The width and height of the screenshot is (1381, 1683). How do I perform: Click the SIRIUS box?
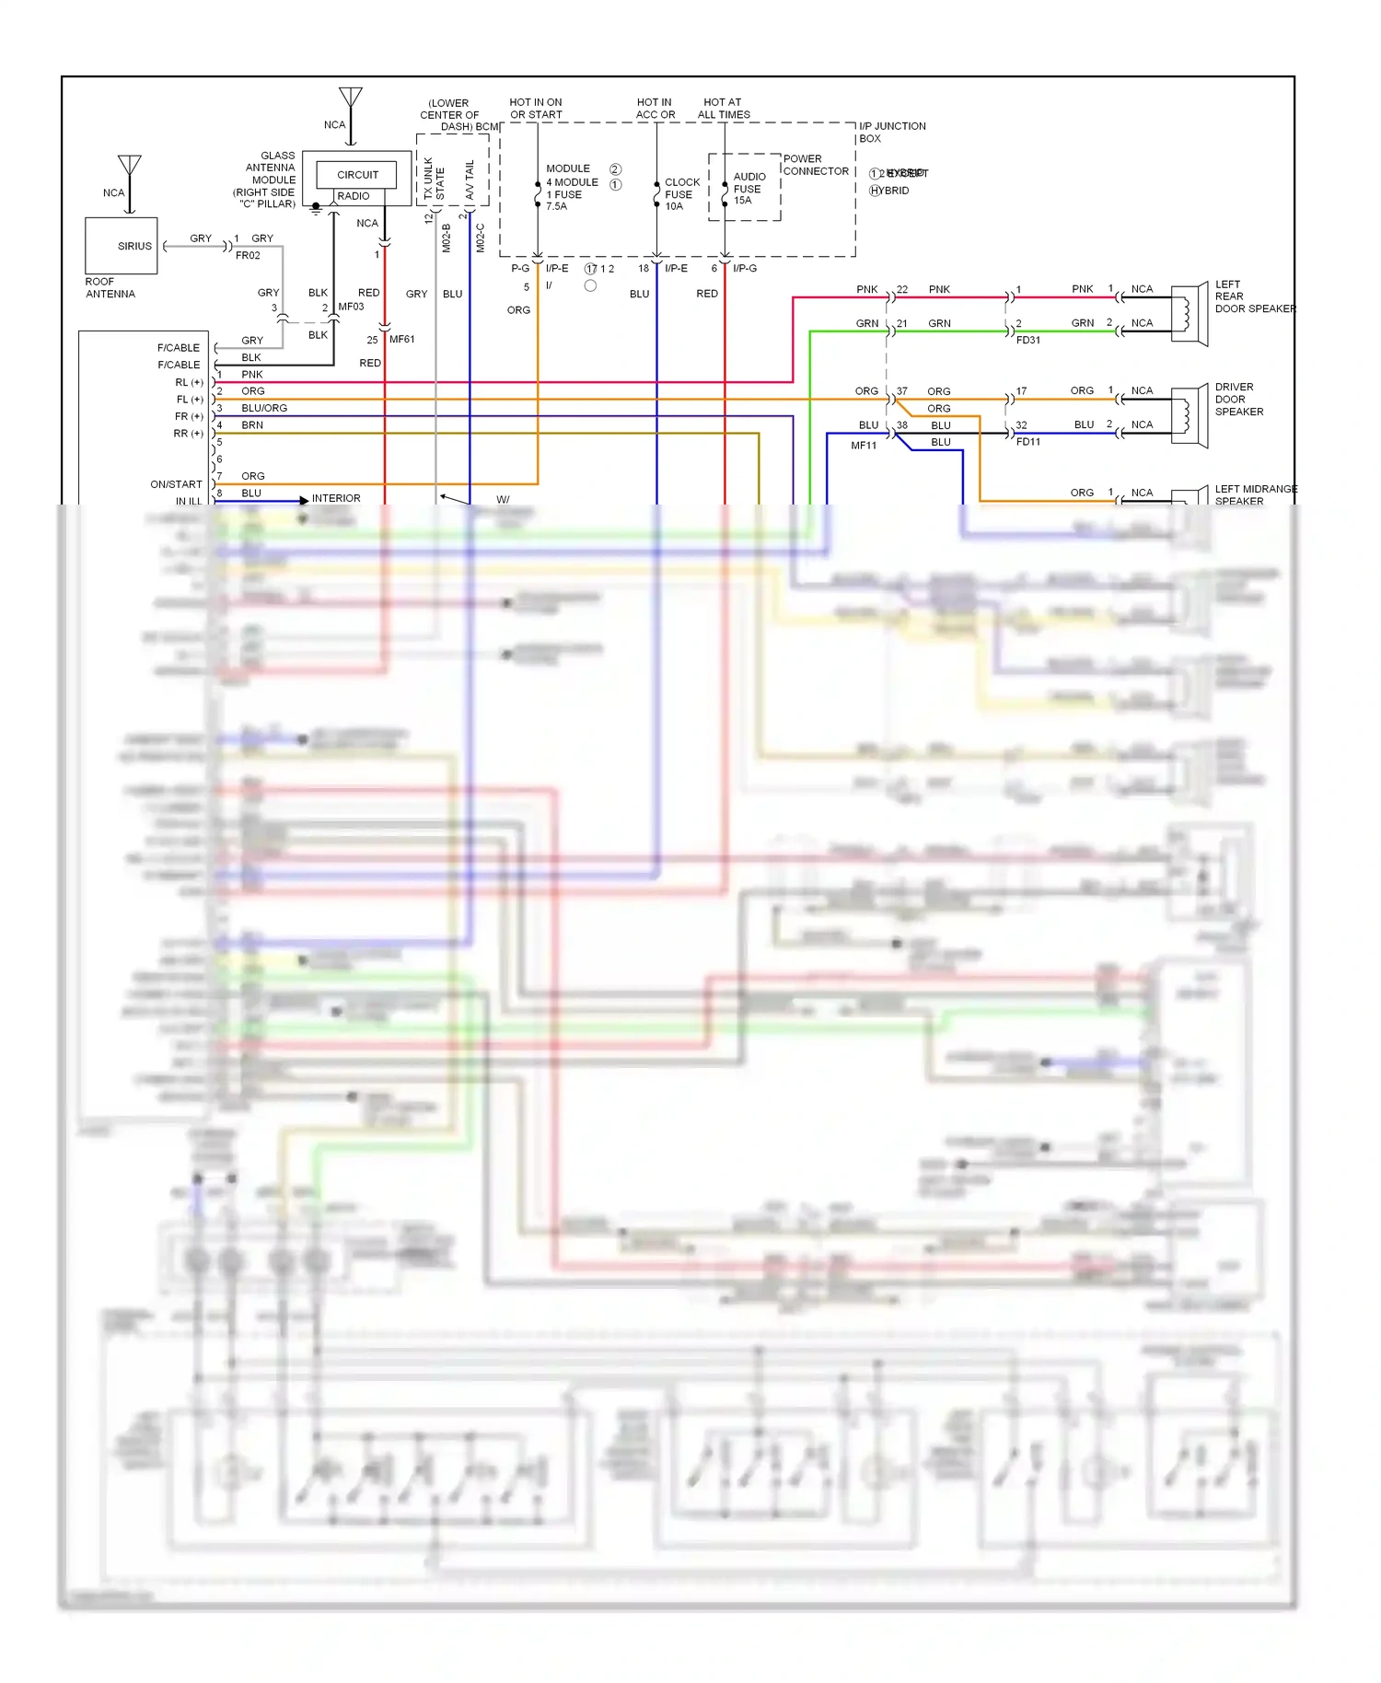tap(122, 246)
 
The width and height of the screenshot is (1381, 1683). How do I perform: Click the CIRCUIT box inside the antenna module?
tap(356, 175)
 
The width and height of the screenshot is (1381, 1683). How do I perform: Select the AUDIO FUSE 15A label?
tap(748, 189)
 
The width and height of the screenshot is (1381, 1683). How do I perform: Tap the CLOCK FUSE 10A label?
tap(681, 194)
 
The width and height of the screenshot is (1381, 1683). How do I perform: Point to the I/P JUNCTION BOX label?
tap(890, 132)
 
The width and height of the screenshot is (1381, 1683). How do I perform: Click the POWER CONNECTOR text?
tap(816, 165)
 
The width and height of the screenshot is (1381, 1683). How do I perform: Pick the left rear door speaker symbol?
tap(1189, 315)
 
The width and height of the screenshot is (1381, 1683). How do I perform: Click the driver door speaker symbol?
tap(1189, 416)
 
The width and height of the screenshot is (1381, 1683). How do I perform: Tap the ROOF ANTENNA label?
tap(110, 288)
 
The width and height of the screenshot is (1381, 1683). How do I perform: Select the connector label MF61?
tap(402, 340)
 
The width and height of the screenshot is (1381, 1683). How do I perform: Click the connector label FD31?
tap(1028, 341)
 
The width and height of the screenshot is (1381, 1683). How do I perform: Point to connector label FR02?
tap(248, 256)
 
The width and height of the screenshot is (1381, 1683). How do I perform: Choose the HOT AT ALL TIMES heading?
tap(724, 109)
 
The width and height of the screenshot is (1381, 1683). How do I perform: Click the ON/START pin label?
tap(176, 484)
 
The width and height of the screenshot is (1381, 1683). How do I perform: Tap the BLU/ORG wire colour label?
tap(264, 408)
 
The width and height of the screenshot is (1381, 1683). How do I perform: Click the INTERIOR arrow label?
tap(336, 498)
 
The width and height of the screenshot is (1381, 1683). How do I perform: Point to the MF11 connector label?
tap(864, 446)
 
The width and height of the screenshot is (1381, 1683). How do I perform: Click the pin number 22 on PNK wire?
tap(902, 289)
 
